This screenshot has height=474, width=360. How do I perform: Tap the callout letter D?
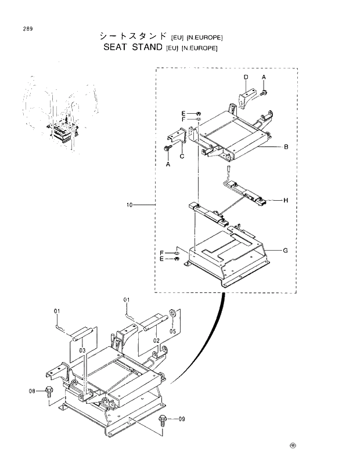click(x=246, y=77)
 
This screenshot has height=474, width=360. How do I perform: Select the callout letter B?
click(x=286, y=147)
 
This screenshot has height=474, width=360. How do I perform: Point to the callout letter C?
click(x=182, y=155)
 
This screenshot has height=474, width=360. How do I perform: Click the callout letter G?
click(x=286, y=251)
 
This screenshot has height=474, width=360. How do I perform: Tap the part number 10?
click(x=129, y=205)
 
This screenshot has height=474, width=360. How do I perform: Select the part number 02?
click(x=156, y=340)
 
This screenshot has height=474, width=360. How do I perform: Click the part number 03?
click(x=82, y=351)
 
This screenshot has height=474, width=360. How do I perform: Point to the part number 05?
click(x=172, y=332)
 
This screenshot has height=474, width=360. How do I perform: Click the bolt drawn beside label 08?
click(x=49, y=392)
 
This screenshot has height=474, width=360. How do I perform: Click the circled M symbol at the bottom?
click(x=293, y=446)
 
